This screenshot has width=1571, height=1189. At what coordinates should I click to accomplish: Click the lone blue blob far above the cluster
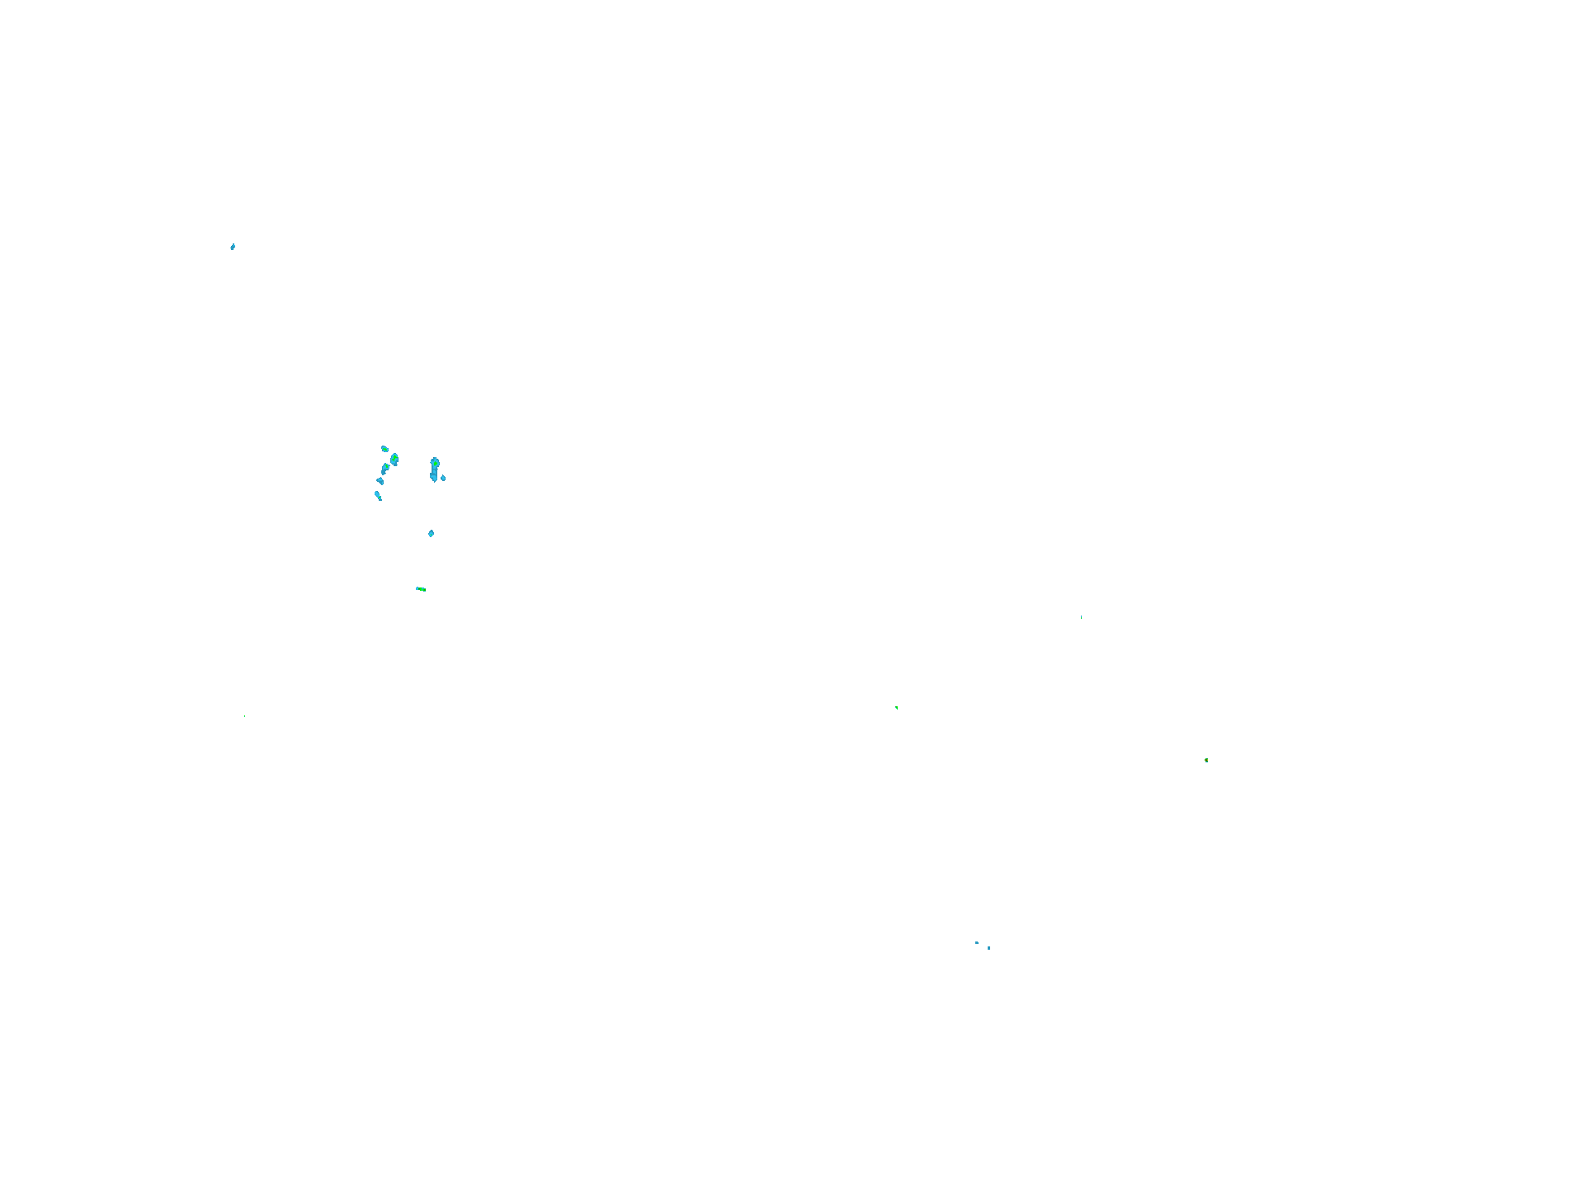(x=233, y=247)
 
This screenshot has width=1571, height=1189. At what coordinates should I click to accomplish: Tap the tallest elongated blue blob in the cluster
(x=434, y=469)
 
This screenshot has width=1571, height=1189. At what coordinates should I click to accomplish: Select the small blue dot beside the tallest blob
(x=443, y=478)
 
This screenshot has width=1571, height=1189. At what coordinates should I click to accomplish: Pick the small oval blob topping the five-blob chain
(x=384, y=449)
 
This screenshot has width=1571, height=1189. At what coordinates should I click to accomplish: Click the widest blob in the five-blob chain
(x=394, y=459)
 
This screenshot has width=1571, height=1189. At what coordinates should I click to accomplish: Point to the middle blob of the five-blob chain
(x=385, y=468)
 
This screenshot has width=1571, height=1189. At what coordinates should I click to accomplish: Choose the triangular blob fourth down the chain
(x=380, y=480)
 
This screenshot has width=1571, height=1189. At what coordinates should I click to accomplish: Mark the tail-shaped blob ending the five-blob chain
(x=378, y=495)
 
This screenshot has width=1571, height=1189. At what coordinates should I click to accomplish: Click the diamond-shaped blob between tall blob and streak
(x=431, y=534)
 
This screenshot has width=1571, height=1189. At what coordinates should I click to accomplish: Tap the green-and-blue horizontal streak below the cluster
(x=421, y=589)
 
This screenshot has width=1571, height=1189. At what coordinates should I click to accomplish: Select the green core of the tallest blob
(x=435, y=465)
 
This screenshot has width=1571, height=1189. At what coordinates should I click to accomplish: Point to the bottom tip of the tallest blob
(x=434, y=479)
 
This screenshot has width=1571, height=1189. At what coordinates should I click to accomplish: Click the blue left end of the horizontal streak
(x=418, y=588)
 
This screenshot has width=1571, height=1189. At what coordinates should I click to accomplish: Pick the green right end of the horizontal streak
(x=423, y=589)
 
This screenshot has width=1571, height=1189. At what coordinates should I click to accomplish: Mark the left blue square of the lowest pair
(x=977, y=942)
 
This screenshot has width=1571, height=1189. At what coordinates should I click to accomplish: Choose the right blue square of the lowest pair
(x=988, y=948)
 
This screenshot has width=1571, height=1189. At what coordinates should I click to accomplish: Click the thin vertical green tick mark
(x=1081, y=617)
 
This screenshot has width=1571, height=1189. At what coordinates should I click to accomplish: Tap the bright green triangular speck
(x=896, y=707)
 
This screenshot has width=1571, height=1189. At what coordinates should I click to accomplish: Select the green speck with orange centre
(x=1206, y=760)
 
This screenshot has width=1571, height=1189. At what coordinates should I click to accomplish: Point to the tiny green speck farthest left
(x=244, y=716)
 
